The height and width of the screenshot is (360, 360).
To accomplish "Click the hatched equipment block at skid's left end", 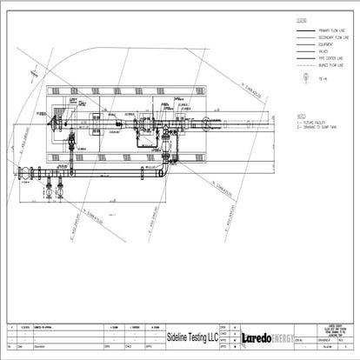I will [x=63, y=119].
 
